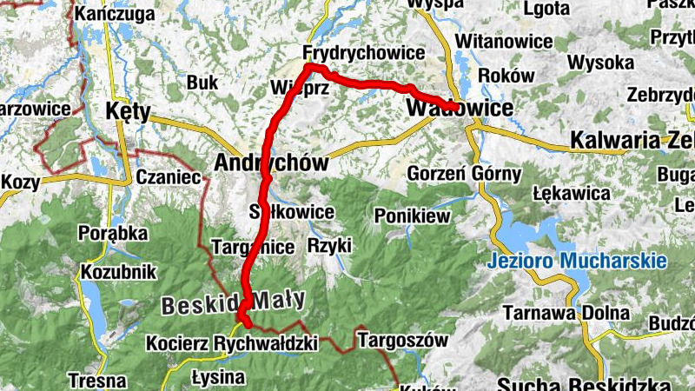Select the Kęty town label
(127, 111)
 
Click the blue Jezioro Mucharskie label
(576, 260)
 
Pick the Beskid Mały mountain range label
(233, 301)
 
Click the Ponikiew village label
(410, 215)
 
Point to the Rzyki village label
(329, 246)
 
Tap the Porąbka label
(108, 233)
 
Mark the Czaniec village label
(169, 177)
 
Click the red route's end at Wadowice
(453, 107)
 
